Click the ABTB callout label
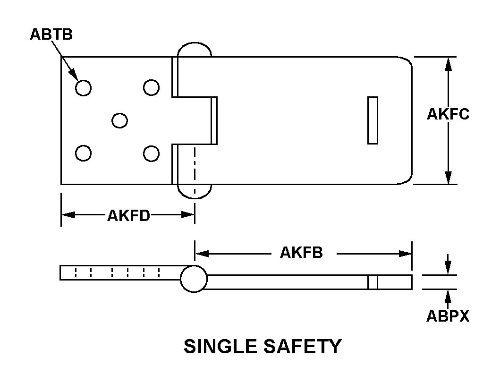tap(51, 34)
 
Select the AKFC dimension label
tap(448, 114)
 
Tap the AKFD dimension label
tap(128, 216)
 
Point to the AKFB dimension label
tap(301, 253)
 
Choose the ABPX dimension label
tap(448, 316)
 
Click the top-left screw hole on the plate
tap(83, 88)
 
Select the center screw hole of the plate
tap(119, 120)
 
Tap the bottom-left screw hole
tap(83, 153)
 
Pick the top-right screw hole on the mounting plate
tap(151, 87)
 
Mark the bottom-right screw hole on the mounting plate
tap(151, 153)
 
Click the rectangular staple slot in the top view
tap(373, 120)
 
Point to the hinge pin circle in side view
tap(194, 279)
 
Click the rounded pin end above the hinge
tap(194, 49)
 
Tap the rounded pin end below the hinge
tap(194, 191)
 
